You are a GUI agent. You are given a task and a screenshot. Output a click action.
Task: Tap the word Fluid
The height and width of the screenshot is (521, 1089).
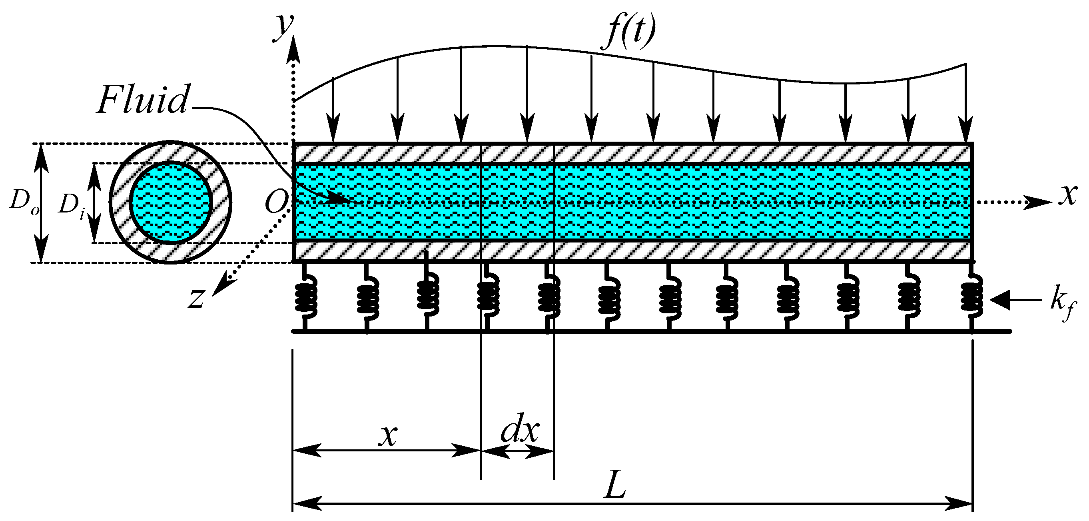click(x=143, y=100)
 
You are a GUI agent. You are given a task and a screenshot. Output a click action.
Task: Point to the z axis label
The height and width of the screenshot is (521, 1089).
click(x=196, y=298)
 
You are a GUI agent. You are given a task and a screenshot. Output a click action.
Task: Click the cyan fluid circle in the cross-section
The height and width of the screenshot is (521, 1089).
click(x=170, y=203)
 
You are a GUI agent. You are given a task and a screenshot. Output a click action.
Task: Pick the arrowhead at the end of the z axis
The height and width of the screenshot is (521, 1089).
click(x=221, y=287)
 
